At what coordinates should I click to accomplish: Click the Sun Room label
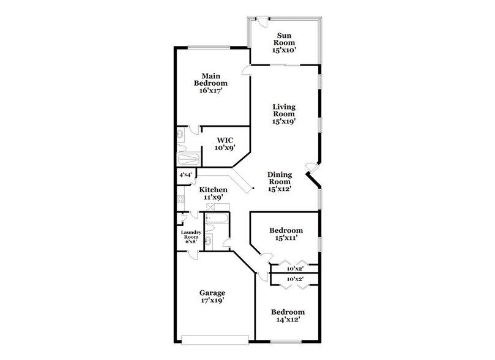point(285,39)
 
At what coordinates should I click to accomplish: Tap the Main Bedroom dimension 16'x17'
point(211,91)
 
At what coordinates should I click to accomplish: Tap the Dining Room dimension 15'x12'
point(279,189)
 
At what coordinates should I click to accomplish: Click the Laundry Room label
point(191,234)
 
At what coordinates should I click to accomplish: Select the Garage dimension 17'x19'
point(212,301)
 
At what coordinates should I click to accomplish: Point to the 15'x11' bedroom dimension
point(286,239)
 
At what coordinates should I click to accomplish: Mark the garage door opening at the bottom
point(215,337)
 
